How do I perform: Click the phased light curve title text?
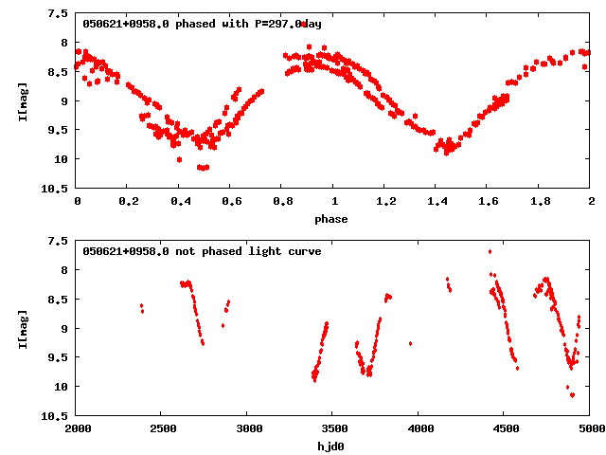202,24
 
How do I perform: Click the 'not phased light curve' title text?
202,251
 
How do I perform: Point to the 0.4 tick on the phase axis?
179,202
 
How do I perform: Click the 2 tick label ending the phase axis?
591,202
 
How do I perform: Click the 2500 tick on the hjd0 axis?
162,429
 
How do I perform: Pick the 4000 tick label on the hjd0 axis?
419,429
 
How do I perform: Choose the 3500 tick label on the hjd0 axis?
333,429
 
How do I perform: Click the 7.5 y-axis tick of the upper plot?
58,14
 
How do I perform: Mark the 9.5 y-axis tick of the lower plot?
58,357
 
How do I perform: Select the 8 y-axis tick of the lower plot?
63,270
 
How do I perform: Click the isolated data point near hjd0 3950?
410,343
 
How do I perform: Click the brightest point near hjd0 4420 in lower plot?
490,251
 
